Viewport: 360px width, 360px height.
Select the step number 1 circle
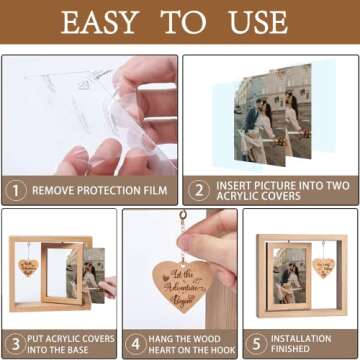coord(15,188)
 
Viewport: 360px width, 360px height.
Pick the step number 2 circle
coord(198,188)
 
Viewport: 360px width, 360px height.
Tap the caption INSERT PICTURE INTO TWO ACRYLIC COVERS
coord(279,188)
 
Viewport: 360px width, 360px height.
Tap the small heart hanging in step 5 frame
coord(323,268)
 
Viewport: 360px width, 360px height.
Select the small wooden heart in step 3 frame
coord(27,268)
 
